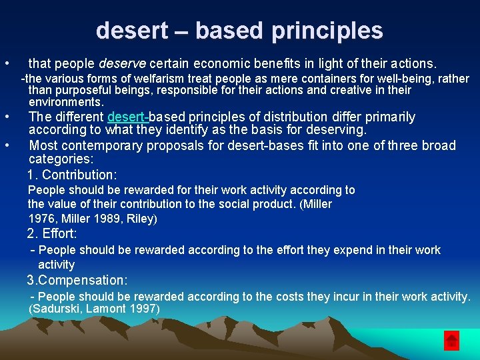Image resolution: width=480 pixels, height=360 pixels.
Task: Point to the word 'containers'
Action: click(x=309, y=79)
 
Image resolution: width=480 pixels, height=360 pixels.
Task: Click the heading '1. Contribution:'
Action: click(x=72, y=175)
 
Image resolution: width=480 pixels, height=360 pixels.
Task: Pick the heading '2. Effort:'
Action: click(x=52, y=233)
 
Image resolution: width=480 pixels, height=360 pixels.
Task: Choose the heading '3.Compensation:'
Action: click(x=77, y=280)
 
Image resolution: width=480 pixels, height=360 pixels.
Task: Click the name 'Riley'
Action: click(x=141, y=218)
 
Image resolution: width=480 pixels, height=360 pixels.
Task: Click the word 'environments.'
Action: click(x=66, y=102)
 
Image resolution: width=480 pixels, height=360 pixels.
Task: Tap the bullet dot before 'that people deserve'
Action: click(x=6, y=64)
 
